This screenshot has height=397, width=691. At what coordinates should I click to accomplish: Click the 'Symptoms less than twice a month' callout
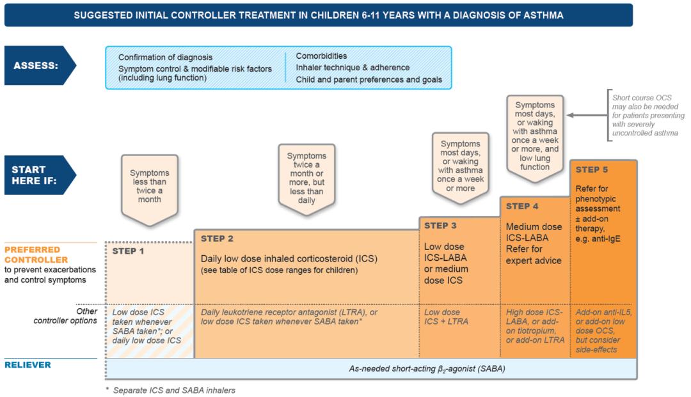149,185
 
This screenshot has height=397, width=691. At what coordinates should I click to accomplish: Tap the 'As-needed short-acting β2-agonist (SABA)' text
427,368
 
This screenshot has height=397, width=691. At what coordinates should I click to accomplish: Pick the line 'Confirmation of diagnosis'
165,57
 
